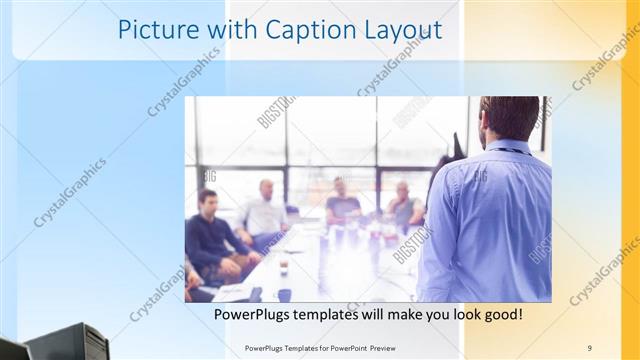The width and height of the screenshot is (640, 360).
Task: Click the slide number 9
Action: tap(590, 347)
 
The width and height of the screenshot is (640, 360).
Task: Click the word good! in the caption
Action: tap(500, 315)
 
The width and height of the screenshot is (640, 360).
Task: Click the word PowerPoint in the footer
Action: tap(342, 347)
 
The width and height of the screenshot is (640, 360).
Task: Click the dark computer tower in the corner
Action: tap(70, 342)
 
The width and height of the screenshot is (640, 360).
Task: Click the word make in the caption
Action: tap(421, 315)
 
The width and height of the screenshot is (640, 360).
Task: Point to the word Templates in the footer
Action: tap(295, 347)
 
